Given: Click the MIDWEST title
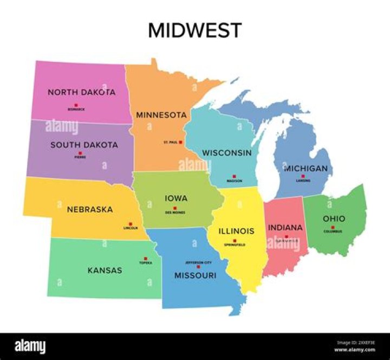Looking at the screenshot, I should (195, 30).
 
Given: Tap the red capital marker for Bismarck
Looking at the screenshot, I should (76, 105).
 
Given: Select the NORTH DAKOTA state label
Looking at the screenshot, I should (81, 92).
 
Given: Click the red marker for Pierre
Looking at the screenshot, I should (81, 153).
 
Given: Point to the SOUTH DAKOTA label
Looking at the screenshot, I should (84, 145).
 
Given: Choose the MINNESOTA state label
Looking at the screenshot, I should (161, 115).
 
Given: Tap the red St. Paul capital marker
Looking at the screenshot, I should (180, 142).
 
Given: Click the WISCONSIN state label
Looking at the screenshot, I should (227, 153).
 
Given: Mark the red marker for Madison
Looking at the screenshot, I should (235, 176).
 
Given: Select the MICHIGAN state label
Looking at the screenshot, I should (306, 169).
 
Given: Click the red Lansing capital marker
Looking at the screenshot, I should (303, 176).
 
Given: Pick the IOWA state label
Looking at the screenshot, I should (176, 199).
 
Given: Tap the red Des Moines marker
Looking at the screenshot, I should (175, 208).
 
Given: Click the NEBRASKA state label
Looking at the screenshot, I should (90, 209).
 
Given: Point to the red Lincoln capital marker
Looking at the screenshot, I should (131, 223).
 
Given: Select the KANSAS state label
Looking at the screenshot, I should (105, 270).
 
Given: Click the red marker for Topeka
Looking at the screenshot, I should (145, 259).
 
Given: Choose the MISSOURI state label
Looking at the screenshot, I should (195, 275).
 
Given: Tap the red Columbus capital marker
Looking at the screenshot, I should (333, 227).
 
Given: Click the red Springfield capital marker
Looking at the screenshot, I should (235, 241).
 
